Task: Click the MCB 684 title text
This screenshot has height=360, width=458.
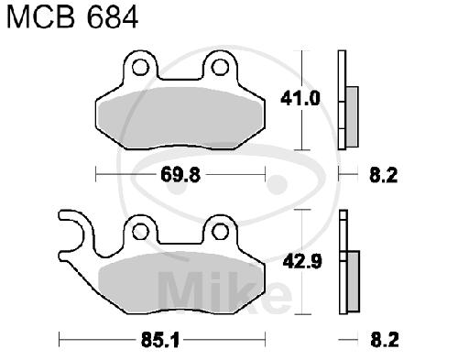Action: point(72,17)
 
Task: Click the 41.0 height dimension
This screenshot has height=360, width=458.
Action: point(300,99)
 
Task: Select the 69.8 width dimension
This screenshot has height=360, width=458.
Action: point(180,175)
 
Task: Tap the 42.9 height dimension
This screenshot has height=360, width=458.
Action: point(302,262)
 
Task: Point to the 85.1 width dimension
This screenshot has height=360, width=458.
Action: point(160,340)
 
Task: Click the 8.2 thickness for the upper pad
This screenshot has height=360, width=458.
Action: point(384,175)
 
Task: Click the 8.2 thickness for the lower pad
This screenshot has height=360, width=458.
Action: point(385,340)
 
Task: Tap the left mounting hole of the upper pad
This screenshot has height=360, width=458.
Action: point(140,68)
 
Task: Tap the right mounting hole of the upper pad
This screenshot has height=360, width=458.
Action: point(220,68)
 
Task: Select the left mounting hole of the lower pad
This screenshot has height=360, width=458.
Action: point(141,232)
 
